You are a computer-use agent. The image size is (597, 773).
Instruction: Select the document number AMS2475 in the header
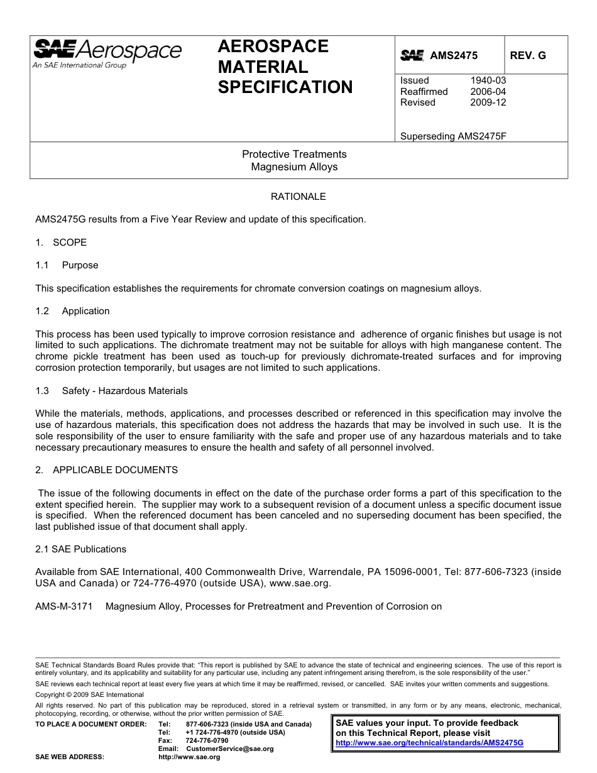coord(454,56)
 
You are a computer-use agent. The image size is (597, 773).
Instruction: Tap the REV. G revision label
coord(528,56)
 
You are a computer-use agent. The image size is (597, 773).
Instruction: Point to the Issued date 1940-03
coord(488,80)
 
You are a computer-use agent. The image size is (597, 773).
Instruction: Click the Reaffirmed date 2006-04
coord(488,92)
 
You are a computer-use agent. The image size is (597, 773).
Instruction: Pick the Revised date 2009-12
coord(488,102)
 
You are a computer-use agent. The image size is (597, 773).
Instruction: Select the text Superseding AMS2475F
coord(453,136)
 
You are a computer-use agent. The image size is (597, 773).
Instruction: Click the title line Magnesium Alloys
coord(294,167)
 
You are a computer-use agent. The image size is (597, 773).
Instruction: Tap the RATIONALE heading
coord(298,197)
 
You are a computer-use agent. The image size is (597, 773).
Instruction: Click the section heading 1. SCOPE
coord(61,243)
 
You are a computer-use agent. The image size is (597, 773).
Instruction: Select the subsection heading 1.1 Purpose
coord(67,265)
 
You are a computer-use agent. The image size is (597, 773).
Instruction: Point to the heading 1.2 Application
coord(72,311)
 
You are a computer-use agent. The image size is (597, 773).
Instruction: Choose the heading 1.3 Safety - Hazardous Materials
coord(112,391)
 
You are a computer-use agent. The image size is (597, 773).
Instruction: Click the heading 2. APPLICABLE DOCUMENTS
coord(106,470)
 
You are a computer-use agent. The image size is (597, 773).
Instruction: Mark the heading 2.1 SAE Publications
coord(80,549)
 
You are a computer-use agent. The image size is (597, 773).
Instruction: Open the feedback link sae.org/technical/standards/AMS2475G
coord(429,743)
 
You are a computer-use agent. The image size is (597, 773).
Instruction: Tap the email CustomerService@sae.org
coord(229,749)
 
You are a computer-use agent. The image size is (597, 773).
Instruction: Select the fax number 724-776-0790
coord(207,741)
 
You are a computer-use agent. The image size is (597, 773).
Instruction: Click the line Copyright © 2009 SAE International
coord(89,694)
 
